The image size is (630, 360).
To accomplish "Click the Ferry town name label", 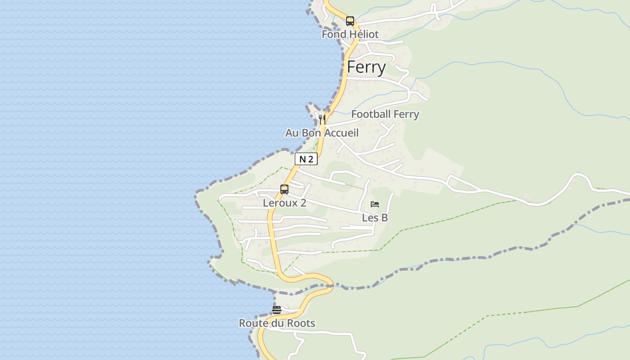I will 366,67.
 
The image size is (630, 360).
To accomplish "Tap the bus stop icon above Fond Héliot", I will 350,21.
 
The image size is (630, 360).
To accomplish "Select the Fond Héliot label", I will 350,34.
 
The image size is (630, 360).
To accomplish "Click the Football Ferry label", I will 385,114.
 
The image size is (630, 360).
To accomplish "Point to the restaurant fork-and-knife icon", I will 322,119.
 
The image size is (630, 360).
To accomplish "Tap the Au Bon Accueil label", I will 322,133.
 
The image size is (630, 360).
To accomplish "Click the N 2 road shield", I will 306,159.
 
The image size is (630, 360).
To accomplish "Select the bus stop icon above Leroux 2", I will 284,189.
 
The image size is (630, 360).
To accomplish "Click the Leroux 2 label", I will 284,203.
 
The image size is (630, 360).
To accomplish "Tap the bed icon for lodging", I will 374,204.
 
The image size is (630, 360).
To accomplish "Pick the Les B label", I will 375,218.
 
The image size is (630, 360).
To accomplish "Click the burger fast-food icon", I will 277,310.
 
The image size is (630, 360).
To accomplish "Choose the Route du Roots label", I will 277,324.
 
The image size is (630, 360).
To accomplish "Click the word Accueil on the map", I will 341,133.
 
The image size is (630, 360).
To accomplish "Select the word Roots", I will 301,324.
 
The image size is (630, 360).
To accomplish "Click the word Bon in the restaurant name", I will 312,133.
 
